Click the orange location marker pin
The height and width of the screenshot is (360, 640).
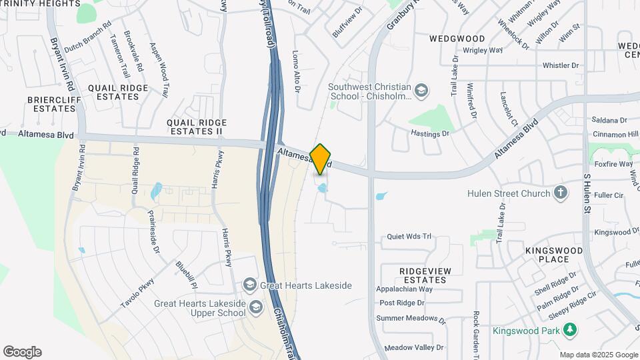pyautogui.click(x=321, y=159)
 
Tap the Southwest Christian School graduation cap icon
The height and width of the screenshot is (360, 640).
pyautogui.click(x=421, y=90)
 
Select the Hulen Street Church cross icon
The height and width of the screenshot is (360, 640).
pyautogui.click(x=561, y=193)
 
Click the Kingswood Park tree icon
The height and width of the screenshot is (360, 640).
pyautogui.click(x=569, y=330)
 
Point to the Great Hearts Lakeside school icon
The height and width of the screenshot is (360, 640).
pyautogui.click(x=250, y=285)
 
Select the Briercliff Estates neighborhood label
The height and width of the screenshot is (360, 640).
pyautogui.click(x=45, y=104)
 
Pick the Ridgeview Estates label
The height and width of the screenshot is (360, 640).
pyautogui.click(x=425, y=275)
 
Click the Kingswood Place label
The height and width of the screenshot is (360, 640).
pyautogui.click(x=554, y=255)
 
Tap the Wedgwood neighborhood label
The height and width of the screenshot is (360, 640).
pyautogui.click(x=457, y=39)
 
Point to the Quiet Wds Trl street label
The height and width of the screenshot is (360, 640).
pyautogui.click(x=410, y=237)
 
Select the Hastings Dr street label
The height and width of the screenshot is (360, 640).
pyautogui.click(x=431, y=134)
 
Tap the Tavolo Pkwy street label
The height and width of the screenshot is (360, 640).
pyautogui.click(x=137, y=292)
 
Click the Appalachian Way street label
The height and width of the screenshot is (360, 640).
pyautogui.click(x=406, y=289)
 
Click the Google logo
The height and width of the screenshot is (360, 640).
pyautogui.click(x=22, y=352)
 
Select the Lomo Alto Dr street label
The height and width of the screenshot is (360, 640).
pyautogui.click(x=297, y=71)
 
